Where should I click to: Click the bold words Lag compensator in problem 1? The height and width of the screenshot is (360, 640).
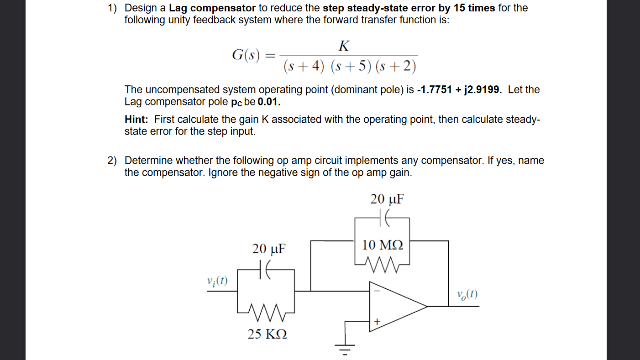coord(212,8)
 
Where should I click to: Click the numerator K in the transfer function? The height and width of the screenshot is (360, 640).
coord(345,46)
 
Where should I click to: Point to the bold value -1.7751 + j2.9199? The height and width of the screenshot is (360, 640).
coord(460,89)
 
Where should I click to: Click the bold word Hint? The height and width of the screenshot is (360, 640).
coord(136,120)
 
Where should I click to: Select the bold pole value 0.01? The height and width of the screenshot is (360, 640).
coord(268,101)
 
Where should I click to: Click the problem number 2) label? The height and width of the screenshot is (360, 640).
coord(112,161)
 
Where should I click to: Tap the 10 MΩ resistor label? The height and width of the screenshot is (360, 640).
coord(383,245)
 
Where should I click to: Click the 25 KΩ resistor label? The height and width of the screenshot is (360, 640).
coord(267,334)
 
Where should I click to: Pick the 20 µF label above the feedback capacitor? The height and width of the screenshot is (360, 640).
coord(387,200)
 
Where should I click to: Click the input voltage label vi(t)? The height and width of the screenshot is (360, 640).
coord(217,281)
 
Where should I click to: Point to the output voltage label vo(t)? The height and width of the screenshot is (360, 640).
coord(467,294)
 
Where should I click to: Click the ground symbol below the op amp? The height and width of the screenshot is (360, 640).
coord(346,349)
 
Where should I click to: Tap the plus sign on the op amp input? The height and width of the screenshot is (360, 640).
coord(377,322)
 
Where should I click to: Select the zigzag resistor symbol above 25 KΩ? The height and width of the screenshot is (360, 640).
coord(266,312)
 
